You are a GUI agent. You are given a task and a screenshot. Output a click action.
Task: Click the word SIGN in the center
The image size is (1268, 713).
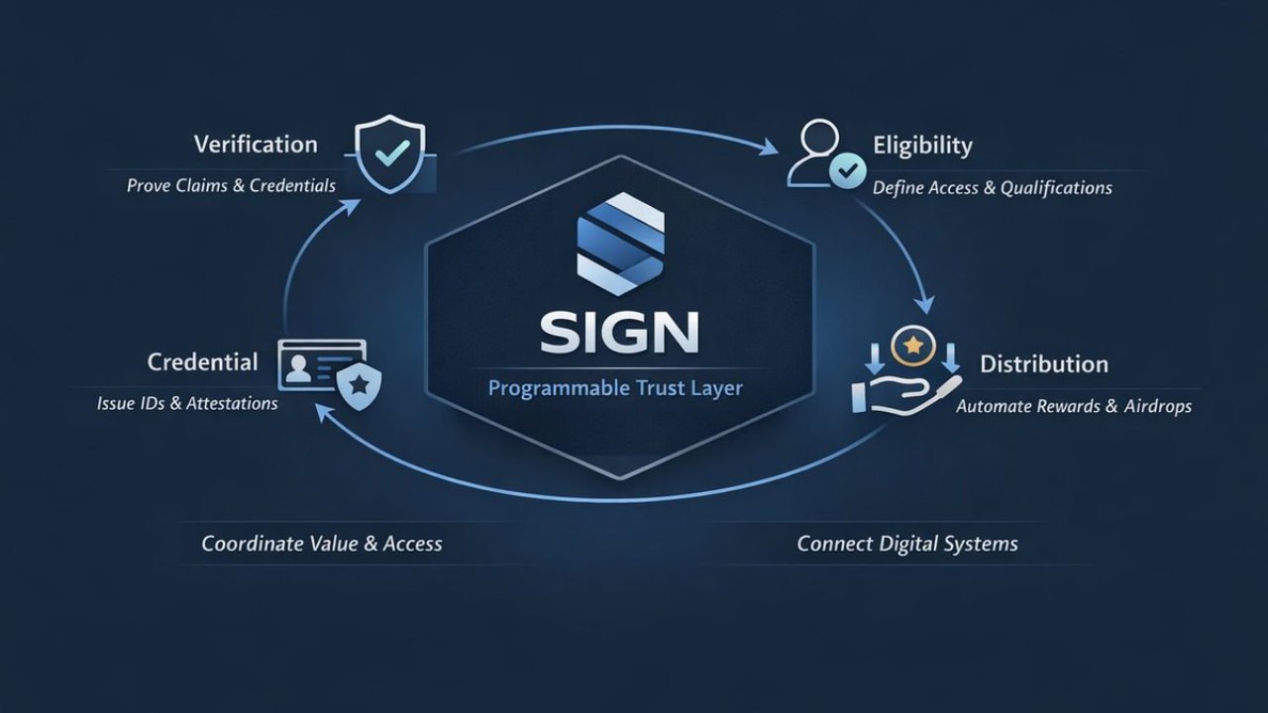click(x=619, y=332)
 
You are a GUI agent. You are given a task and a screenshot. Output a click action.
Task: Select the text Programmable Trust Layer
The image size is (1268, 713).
click(x=615, y=387)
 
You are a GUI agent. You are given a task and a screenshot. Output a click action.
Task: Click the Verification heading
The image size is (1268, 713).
click(x=256, y=145)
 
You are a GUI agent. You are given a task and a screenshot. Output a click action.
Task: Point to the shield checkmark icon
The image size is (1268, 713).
click(x=389, y=154)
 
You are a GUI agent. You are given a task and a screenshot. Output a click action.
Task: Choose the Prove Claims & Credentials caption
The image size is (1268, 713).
click(x=231, y=185)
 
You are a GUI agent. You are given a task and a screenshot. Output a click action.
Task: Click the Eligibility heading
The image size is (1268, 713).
click(x=922, y=146)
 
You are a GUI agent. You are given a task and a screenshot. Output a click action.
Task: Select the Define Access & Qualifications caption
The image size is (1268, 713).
click(x=992, y=187)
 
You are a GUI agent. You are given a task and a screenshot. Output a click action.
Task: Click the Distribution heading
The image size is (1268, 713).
click(x=1044, y=363)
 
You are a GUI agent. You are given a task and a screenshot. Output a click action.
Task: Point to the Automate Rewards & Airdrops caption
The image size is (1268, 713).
click(x=1073, y=406)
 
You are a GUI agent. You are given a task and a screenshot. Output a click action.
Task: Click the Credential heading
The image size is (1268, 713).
click(x=202, y=361)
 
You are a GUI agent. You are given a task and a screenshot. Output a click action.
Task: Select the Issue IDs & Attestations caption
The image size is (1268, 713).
click(x=187, y=403)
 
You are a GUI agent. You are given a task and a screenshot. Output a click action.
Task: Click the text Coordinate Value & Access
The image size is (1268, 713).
click(x=321, y=544)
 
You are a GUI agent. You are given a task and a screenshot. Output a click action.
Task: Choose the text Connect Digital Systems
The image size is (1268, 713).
click(x=907, y=544)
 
